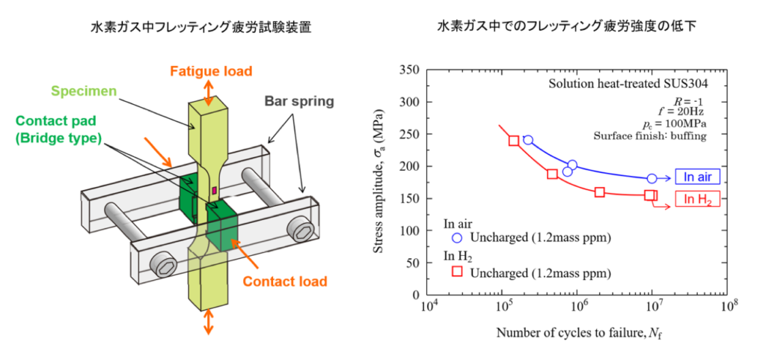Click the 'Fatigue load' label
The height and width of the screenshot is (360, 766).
click(x=210, y=72)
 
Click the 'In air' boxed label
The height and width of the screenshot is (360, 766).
click(x=697, y=177)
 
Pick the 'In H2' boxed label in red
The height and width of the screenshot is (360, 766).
click(x=697, y=199)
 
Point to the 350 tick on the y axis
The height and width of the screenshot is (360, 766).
click(x=411, y=70)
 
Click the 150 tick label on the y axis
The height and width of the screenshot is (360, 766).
click(x=411, y=198)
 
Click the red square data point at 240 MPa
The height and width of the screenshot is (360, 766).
click(x=514, y=141)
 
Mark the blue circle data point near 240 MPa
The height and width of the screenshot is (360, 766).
click(x=528, y=140)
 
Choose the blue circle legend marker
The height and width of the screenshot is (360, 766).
click(x=458, y=238)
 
